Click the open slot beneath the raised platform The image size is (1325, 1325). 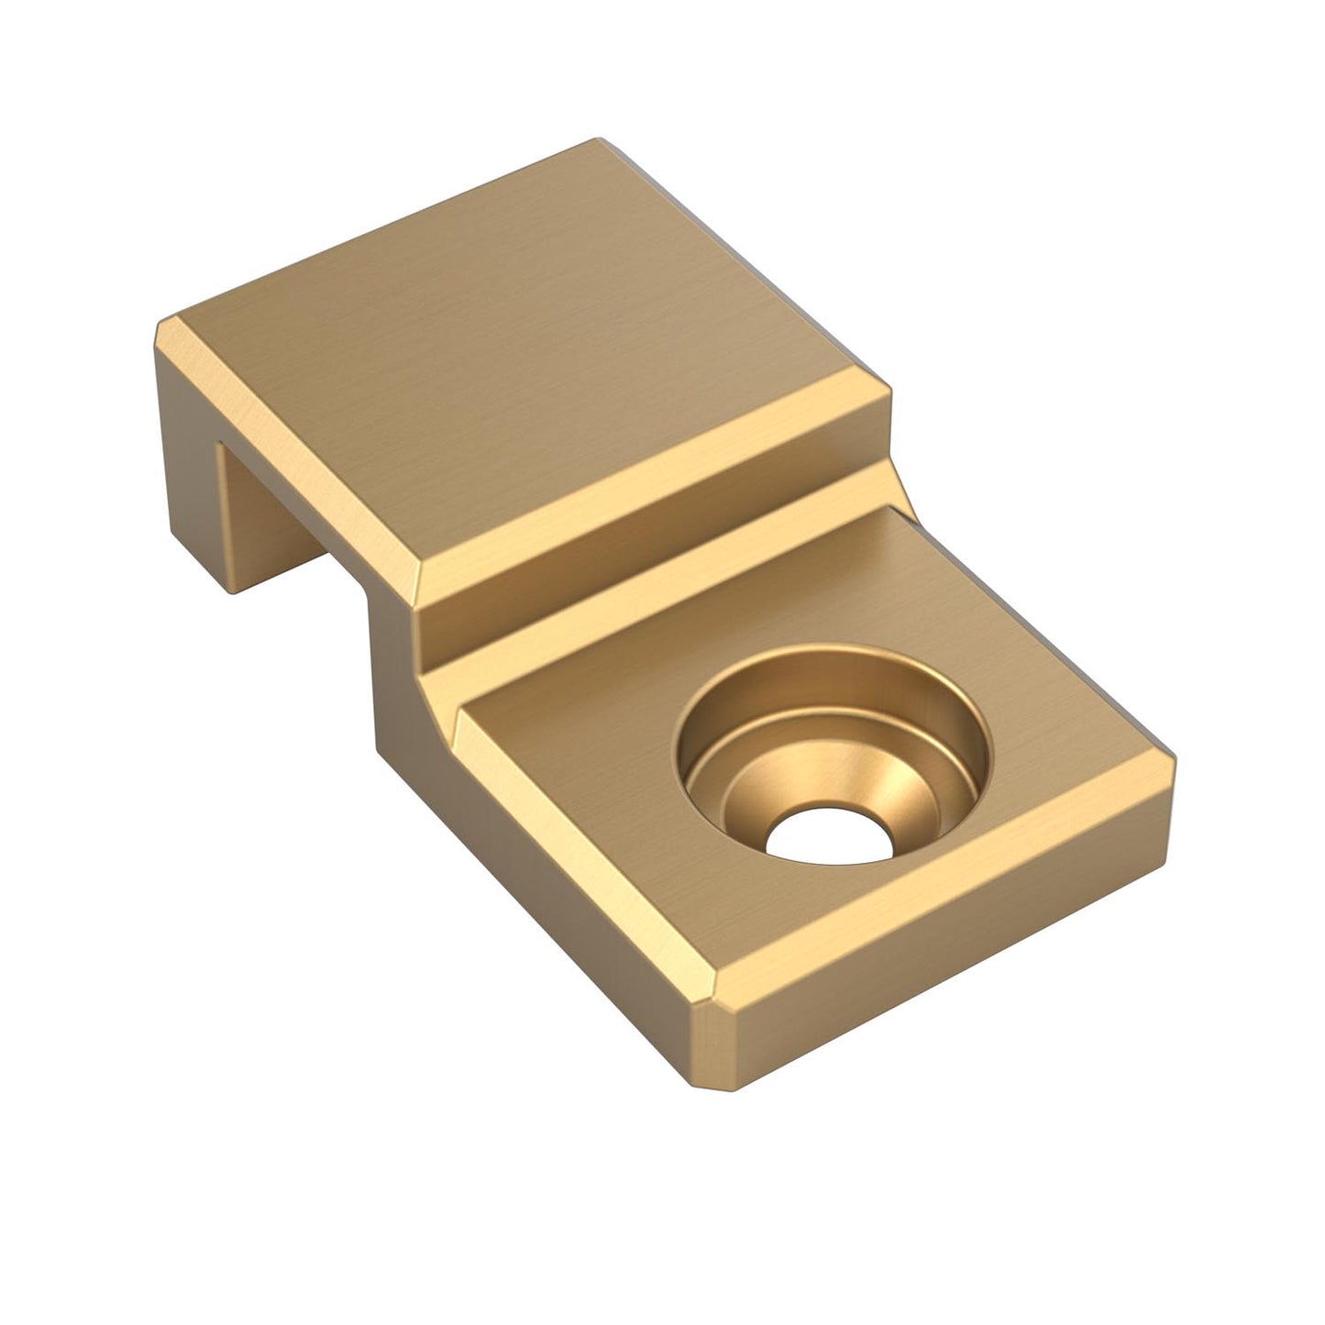[275, 541]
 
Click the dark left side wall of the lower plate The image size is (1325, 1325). [513, 880]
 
